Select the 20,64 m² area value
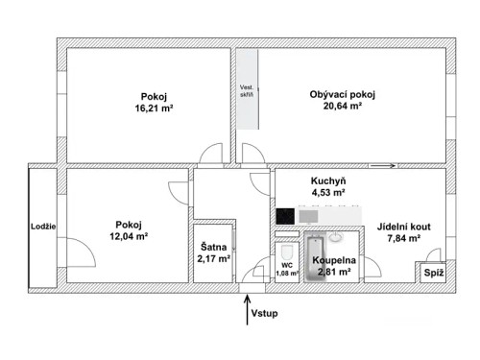click(343, 107)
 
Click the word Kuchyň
click(328, 181)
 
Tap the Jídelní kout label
click(403, 227)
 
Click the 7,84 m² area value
click(403, 239)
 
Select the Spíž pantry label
click(433, 274)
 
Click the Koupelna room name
click(333, 260)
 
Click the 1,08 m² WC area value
click(287, 274)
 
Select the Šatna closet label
click(213, 246)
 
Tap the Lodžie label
click(43, 227)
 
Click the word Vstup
click(265, 314)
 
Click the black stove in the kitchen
click(285, 216)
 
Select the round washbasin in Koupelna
click(335, 236)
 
